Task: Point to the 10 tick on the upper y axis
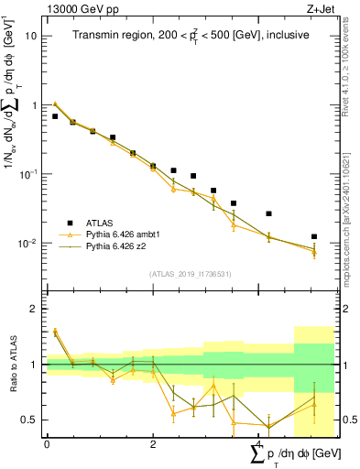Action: click(33, 36)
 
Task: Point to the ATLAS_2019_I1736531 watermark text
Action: click(190, 274)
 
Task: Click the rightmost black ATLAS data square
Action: click(314, 236)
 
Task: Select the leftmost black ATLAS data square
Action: click(55, 116)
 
